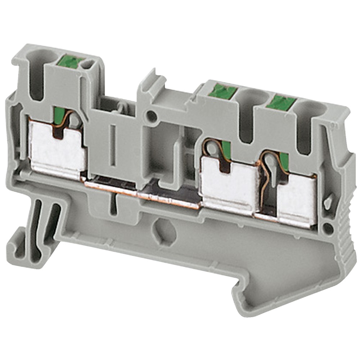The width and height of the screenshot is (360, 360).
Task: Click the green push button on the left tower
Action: click(x=72, y=62)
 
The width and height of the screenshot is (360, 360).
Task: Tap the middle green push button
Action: click(x=222, y=91)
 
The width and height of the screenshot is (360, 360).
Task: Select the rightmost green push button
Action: click(x=282, y=102)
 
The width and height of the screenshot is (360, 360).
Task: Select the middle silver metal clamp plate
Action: click(x=226, y=187)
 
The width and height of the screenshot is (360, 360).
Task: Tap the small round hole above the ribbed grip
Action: click(x=328, y=228)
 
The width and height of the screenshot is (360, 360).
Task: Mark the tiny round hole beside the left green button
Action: click(x=86, y=65)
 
